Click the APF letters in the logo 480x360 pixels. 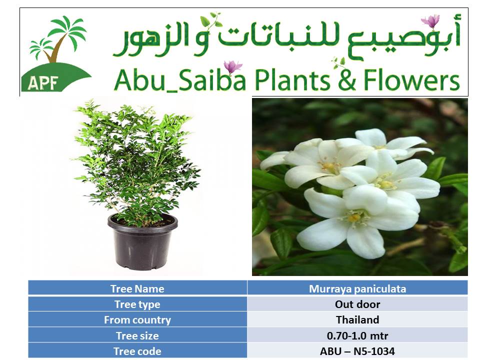click(43, 82)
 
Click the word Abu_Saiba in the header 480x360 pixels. click(180, 80)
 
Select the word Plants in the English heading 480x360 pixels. click(292, 79)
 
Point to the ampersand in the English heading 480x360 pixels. click(347, 80)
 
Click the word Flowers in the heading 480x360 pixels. click(411, 79)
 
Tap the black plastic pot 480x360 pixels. click(142, 242)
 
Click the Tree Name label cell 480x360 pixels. click(137, 288)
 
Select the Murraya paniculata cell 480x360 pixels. click(357, 288)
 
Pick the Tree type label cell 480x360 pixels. click(137, 304)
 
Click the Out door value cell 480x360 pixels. click(357, 304)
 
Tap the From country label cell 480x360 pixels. click(137, 320)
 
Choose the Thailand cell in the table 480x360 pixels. click(357, 320)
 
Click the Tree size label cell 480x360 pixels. click(137, 335)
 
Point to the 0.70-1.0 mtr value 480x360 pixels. click(357, 336)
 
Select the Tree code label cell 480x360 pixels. click(137, 351)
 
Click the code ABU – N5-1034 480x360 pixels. click(357, 351)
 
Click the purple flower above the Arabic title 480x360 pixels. click(431, 21)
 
